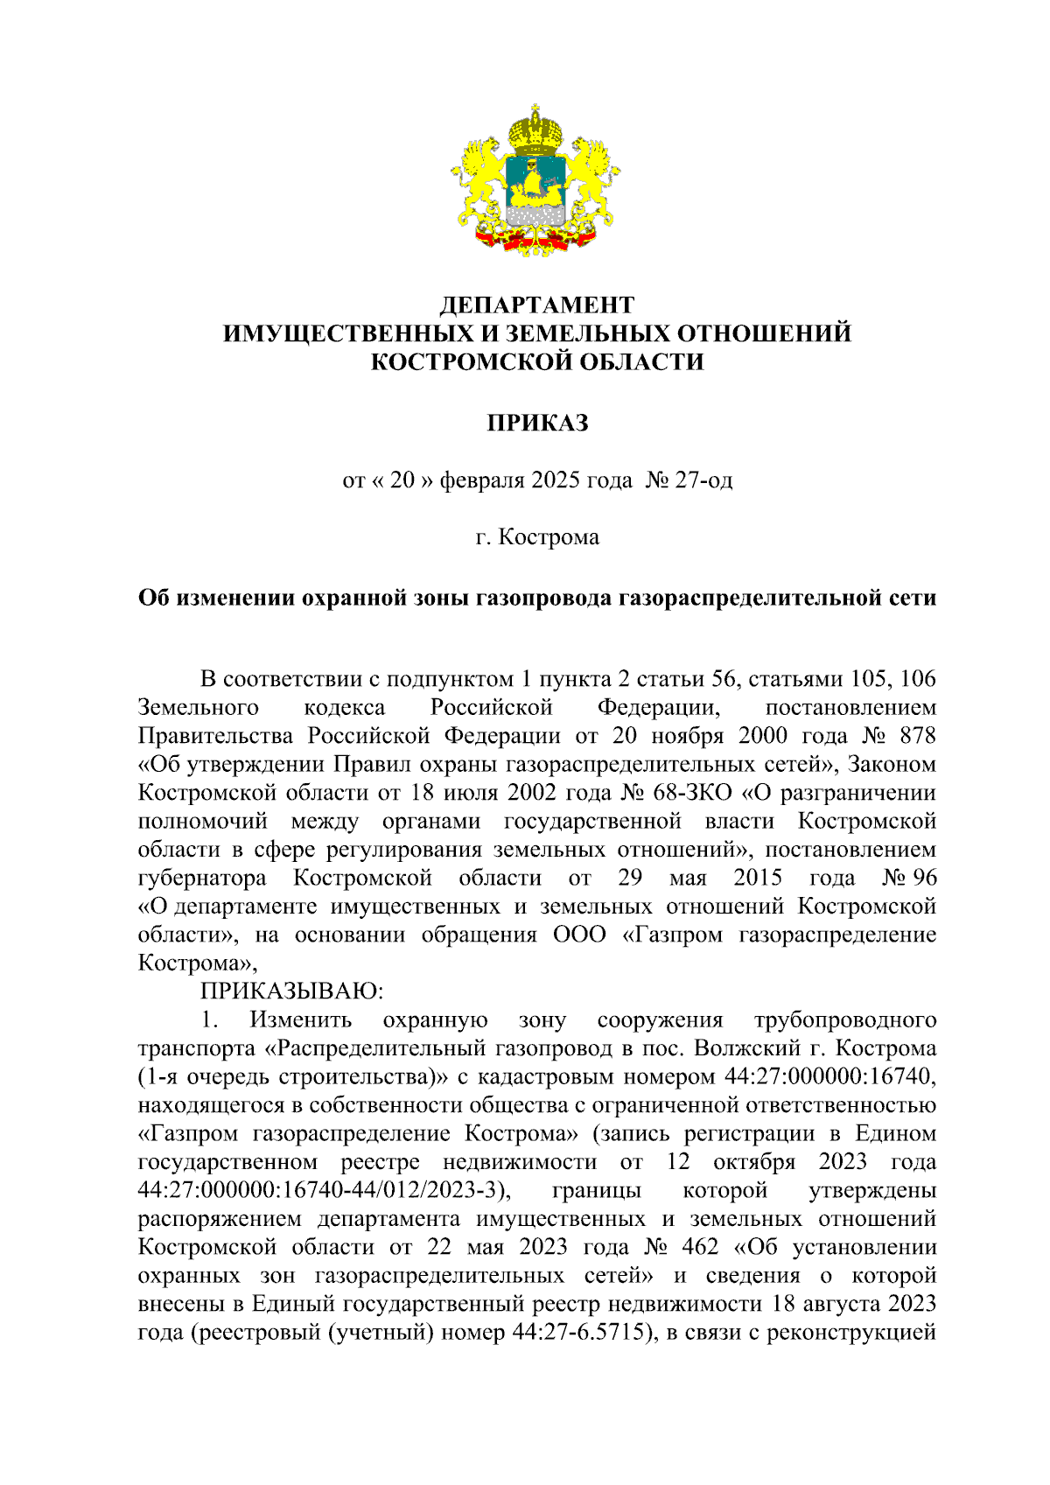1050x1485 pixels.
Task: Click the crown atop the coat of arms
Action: [x=535, y=129]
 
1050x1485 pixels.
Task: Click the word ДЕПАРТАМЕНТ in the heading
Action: [x=536, y=305]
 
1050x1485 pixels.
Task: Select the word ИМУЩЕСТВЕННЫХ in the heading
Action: [x=346, y=333]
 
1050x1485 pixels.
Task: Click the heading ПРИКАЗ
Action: [x=537, y=424]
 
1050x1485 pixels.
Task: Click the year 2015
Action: [x=758, y=878]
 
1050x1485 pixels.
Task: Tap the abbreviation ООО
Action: [x=579, y=935]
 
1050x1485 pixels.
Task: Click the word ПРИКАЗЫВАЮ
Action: [x=292, y=991]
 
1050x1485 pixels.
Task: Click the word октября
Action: [x=754, y=1162]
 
